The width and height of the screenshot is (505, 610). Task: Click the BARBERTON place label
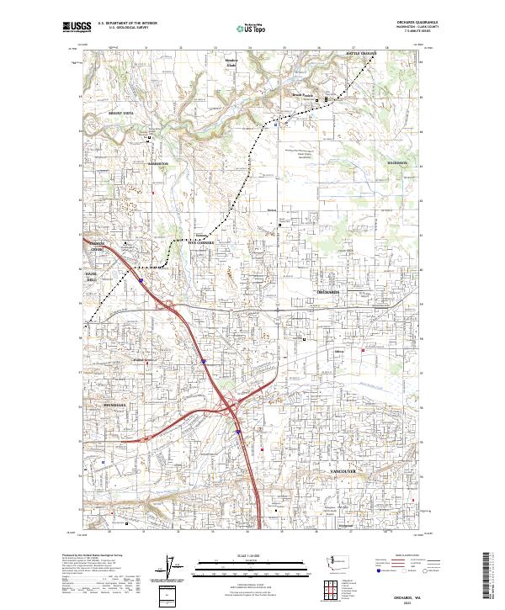coord(158,163)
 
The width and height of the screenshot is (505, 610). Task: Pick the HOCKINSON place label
coord(397,162)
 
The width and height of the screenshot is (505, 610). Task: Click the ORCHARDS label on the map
coord(327,291)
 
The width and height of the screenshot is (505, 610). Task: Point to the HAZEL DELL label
coord(92,279)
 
